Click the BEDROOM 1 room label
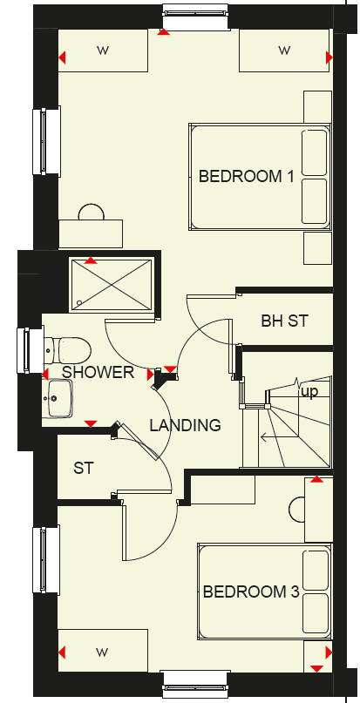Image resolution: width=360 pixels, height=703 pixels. pos(246,176)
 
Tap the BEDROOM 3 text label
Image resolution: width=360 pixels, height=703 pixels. pos(251,592)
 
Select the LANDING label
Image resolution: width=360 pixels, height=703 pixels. pos(185,425)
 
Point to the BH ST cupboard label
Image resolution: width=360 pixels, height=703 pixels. pos(284,321)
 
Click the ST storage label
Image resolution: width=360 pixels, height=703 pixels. pos(83,469)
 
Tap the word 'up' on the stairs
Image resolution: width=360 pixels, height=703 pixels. pos(309,392)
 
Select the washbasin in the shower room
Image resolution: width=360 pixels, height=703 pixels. pos(58,402)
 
